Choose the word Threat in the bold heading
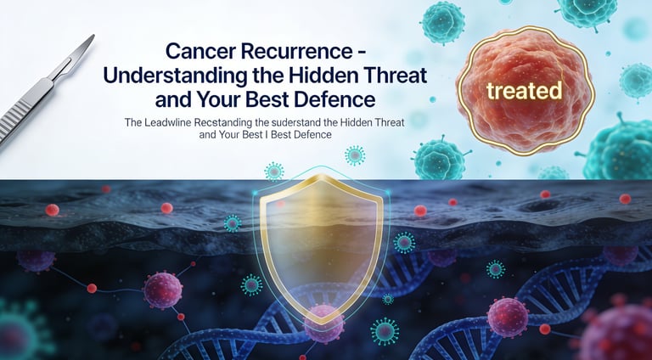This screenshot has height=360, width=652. pyautogui.click(x=394, y=74)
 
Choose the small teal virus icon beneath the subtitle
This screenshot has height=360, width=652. pyautogui.click(x=354, y=155)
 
